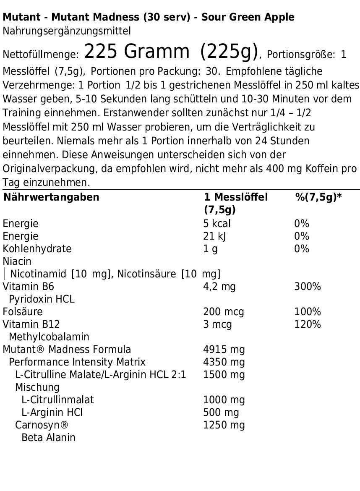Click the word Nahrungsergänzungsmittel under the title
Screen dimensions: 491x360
point(67,31)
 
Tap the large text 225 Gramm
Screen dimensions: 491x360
point(136,52)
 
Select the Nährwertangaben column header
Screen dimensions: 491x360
point(52,197)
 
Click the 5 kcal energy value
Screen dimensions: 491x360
point(217,223)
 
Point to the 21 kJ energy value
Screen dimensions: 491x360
point(215,236)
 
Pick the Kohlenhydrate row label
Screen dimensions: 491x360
point(37,248)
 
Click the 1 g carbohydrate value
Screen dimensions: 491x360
point(210,248)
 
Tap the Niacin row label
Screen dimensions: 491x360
point(17,261)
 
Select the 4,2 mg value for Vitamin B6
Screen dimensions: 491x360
point(219,286)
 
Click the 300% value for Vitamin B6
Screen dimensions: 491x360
point(308,286)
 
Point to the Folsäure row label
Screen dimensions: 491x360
point(23,311)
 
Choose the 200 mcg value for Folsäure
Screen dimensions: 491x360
point(224,311)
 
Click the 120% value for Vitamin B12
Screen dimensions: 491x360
point(308,324)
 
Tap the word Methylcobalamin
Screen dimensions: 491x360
point(49,337)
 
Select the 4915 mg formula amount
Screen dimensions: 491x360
point(224,349)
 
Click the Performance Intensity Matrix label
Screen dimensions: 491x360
point(77,362)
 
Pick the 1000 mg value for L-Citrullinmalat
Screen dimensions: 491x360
point(224,400)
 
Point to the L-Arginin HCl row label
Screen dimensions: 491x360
point(52,412)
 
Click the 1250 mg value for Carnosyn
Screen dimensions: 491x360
point(224,425)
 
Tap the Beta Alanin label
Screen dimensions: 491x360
point(48,437)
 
